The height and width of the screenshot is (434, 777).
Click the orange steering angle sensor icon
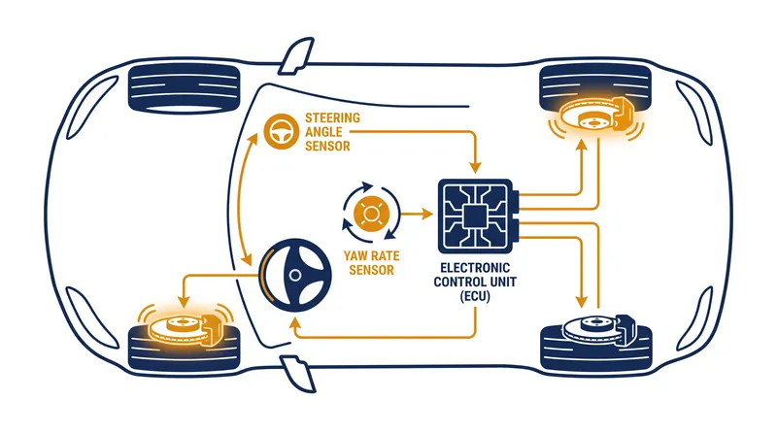pos(281,131)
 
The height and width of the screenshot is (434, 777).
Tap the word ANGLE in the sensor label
pos(323,132)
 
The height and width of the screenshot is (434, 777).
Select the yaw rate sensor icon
pos(371,214)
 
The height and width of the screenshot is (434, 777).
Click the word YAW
pos(356,256)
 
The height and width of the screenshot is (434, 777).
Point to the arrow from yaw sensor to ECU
pos(417,214)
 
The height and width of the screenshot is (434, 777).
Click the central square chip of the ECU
pos(475,216)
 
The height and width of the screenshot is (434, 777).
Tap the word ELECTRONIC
pos(475,268)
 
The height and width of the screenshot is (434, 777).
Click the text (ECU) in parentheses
pos(475,296)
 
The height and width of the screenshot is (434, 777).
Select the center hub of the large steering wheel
pos(295,275)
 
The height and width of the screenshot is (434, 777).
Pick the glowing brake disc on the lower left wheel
pos(179,327)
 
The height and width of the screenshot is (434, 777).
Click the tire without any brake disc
pos(184,86)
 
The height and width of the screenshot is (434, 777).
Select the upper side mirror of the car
pos(296,55)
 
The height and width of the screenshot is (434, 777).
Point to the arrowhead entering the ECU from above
pos(475,167)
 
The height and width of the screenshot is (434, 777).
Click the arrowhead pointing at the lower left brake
pos(184,301)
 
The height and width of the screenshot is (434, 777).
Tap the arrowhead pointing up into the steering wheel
pos(296,322)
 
